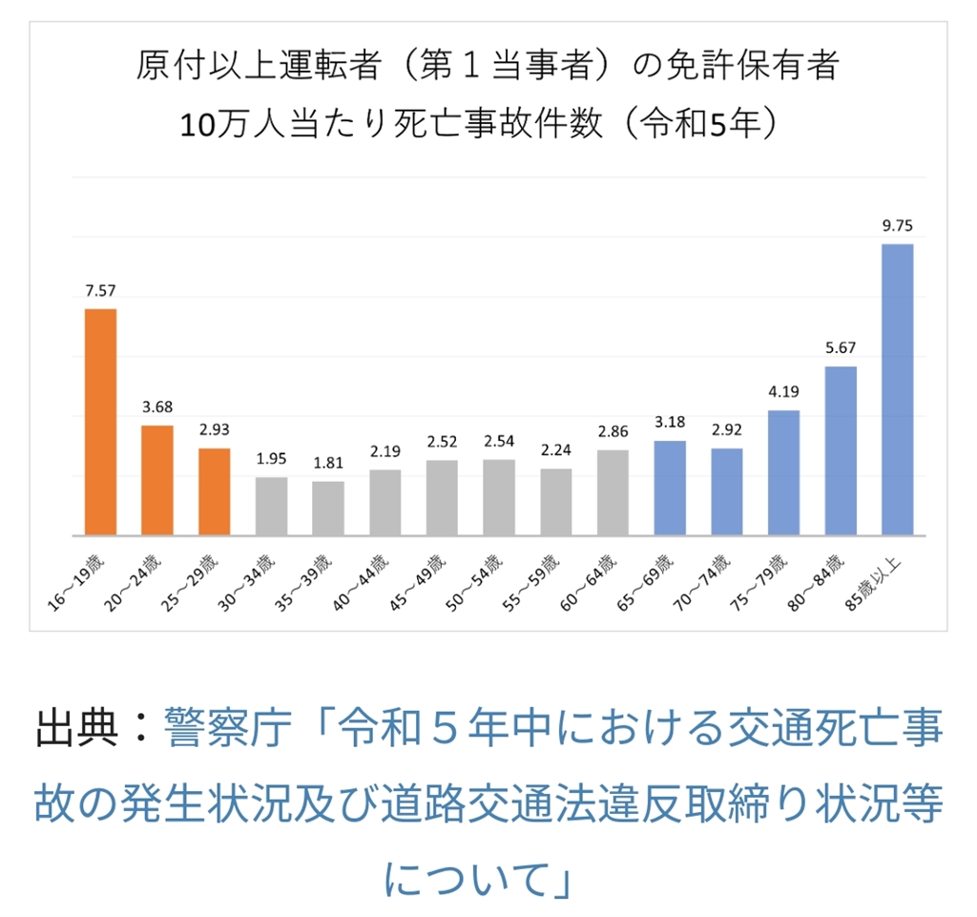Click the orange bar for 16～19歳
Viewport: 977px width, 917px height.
click(100, 422)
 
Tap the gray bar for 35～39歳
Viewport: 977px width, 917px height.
click(328, 509)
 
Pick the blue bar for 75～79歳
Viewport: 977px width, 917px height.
click(783, 473)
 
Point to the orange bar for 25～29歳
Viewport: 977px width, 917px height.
click(215, 492)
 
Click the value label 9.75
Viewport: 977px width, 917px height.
click(897, 226)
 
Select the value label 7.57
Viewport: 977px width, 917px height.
click(100, 291)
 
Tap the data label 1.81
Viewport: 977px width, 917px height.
click(328, 464)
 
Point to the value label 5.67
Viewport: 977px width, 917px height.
click(841, 349)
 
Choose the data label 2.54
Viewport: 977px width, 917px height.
click(499, 442)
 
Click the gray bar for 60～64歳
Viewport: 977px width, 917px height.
click(613, 492)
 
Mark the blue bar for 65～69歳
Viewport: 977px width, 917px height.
click(670, 488)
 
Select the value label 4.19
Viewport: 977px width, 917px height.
click(783, 392)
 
